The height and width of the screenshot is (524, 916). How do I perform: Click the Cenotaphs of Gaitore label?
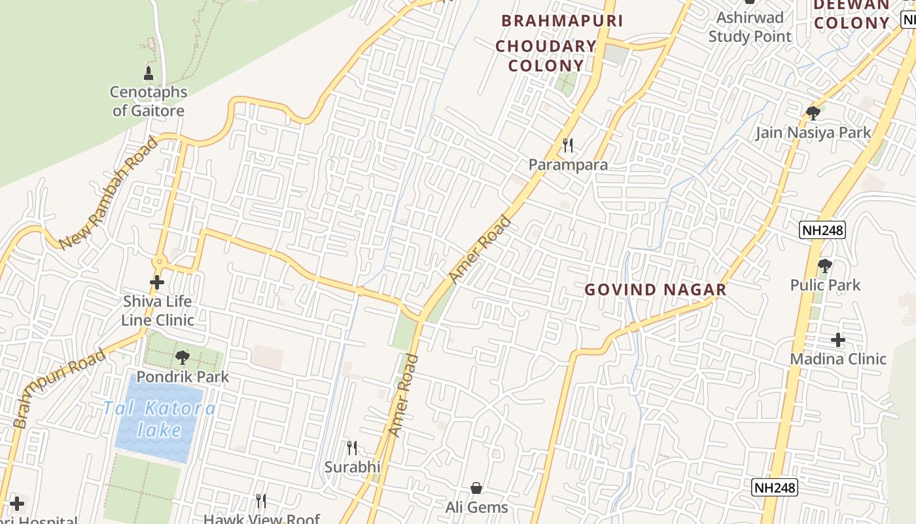pyautogui.click(x=149, y=102)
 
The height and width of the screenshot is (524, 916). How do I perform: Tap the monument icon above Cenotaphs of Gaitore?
pyautogui.click(x=149, y=73)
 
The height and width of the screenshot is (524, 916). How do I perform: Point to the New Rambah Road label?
pyautogui.click(x=109, y=193)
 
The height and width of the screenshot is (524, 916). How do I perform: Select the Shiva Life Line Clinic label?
pyautogui.click(x=157, y=310)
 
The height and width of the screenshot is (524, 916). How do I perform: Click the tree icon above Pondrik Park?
pyautogui.click(x=183, y=358)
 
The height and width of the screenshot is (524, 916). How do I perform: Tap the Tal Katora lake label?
pyautogui.click(x=159, y=419)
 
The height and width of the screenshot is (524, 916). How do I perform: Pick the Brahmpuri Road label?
pyautogui.click(x=59, y=389)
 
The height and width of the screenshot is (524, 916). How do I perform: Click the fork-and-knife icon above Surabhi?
pyautogui.click(x=352, y=448)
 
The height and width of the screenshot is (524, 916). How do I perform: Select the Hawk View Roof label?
pyautogui.click(x=262, y=519)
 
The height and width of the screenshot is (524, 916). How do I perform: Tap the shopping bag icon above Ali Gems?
pyautogui.click(x=476, y=488)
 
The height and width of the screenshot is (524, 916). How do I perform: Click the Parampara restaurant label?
pyautogui.click(x=568, y=164)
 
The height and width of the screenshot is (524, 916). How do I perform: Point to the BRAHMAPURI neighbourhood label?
pyautogui.click(x=562, y=21)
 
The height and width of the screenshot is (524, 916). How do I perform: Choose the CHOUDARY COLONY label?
pyautogui.click(x=546, y=56)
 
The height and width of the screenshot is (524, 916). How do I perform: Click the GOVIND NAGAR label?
pyautogui.click(x=655, y=290)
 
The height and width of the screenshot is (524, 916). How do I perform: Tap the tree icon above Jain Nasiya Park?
pyautogui.click(x=813, y=113)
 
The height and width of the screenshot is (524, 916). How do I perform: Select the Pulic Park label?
pyautogui.click(x=825, y=285)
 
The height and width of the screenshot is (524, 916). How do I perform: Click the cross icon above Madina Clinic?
pyautogui.click(x=838, y=340)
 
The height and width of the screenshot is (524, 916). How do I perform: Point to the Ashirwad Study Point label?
pyautogui.click(x=750, y=27)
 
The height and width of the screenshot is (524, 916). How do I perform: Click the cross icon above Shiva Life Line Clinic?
pyautogui.click(x=157, y=282)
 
